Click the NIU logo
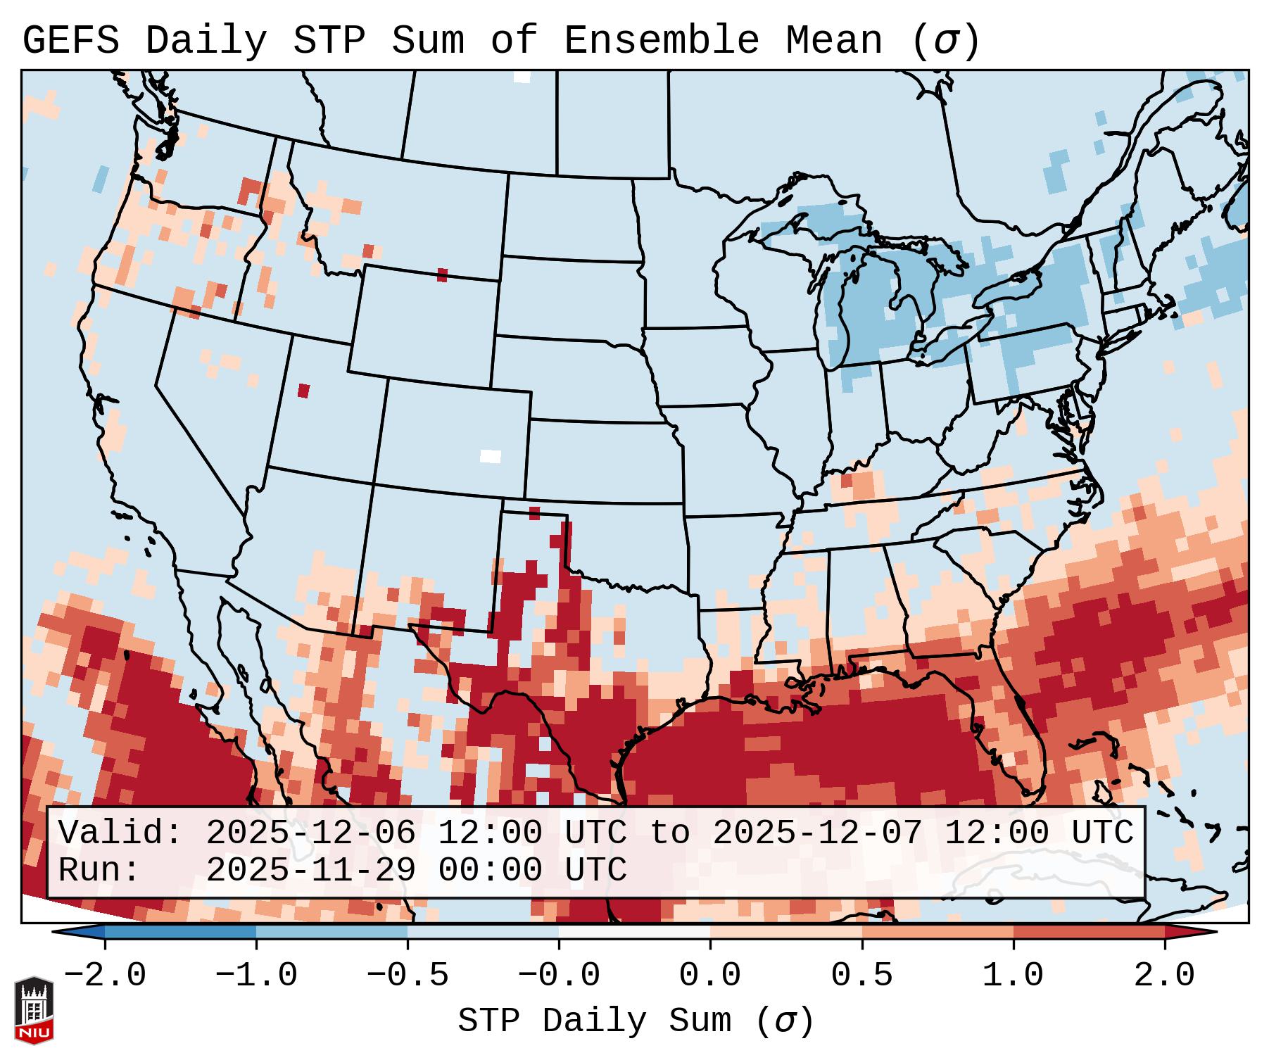click(33, 1010)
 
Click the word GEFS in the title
click(70, 41)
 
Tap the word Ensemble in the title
click(662, 41)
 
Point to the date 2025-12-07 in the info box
click(817, 833)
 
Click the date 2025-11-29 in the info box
click(310, 871)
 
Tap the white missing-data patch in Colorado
click(491, 456)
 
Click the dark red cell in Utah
click(303, 391)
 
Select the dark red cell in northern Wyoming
click(442, 275)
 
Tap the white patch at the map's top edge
click(522, 77)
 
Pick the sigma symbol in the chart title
click(945, 41)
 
